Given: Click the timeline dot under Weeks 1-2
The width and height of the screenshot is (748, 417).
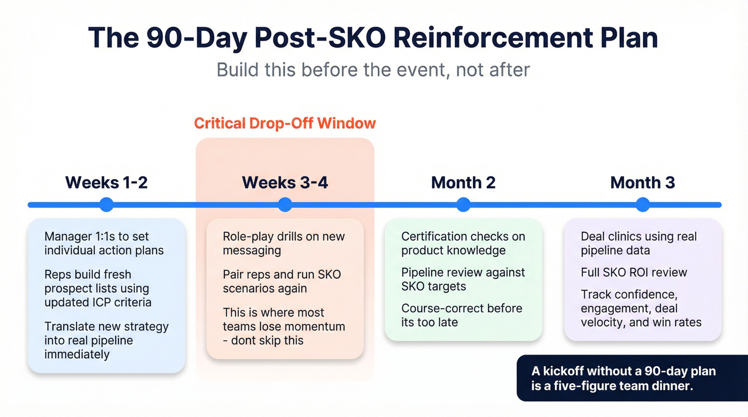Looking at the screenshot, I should click(x=107, y=204).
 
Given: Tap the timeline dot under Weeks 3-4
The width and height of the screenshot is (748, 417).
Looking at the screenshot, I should click(x=285, y=204).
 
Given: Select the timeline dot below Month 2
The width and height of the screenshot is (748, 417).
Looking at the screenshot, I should click(x=463, y=204).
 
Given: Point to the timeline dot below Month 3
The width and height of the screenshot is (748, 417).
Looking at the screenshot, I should click(x=643, y=204).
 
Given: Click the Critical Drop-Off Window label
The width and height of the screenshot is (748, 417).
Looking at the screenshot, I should click(x=285, y=123).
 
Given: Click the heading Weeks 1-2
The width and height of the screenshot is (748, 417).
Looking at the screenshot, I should click(x=106, y=183).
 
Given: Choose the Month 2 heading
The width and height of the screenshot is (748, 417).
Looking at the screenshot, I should click(x=463, y=183).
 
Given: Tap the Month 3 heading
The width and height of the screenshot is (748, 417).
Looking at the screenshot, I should click(x=642, y=183).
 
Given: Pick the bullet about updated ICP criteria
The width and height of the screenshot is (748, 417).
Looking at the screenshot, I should click(x=98, y=288).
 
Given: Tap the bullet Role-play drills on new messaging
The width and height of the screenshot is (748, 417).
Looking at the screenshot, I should click(x=284, y=243).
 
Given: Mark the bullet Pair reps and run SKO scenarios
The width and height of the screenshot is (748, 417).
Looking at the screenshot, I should click(x=282, y=281).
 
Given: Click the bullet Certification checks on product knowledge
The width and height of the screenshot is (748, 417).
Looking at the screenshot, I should click(x=463, y=243).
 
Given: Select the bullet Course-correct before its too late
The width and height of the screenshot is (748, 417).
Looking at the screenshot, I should click(x=461, y=315).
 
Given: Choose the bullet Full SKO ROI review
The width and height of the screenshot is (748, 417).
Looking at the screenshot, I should click(x=634, y=272).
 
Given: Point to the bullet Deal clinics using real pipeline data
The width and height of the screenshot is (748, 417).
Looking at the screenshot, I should click(x=638, y=243).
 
